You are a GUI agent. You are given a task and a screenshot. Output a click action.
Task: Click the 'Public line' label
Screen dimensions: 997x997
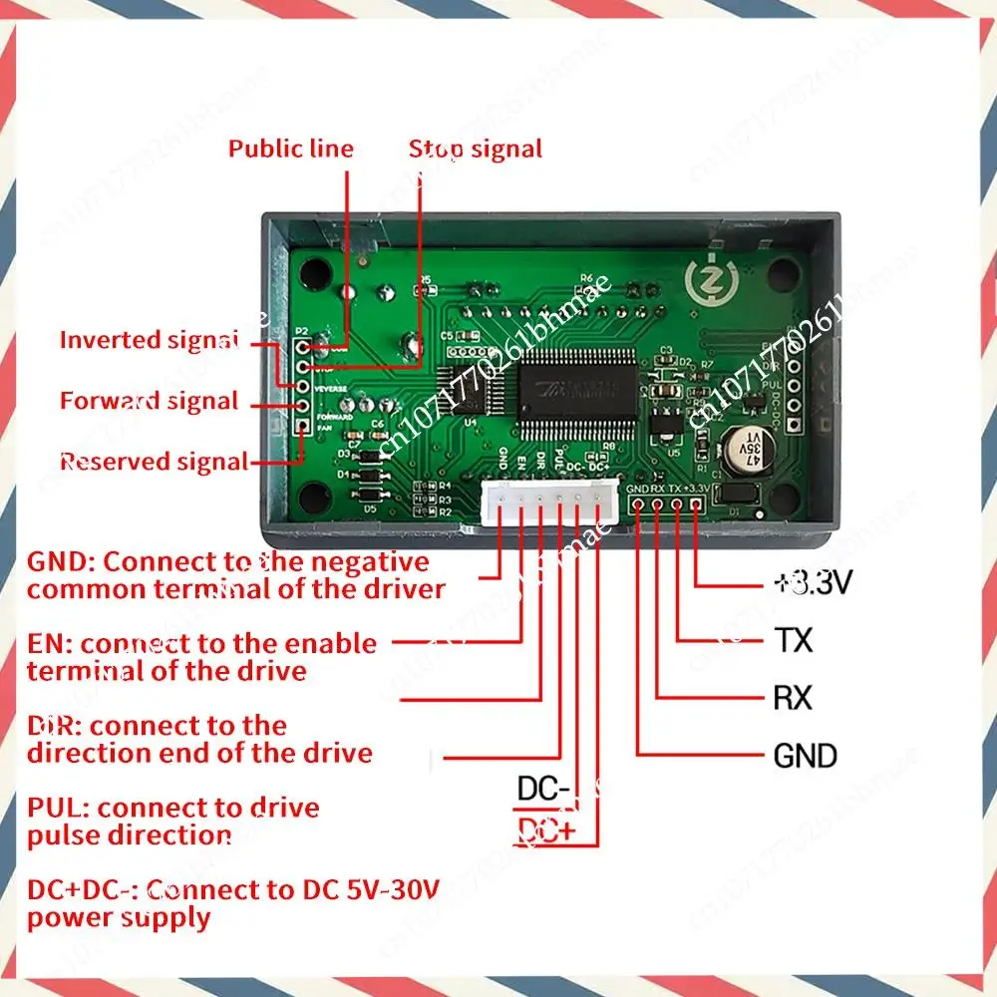[x=290, y=150]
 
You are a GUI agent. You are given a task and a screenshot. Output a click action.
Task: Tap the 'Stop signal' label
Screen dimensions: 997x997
[x=476, y=150]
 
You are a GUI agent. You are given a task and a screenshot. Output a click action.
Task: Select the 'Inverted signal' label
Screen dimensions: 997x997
[x=150, y=340]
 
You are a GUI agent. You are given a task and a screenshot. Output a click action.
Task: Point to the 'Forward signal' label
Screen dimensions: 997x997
[x=149, y=402]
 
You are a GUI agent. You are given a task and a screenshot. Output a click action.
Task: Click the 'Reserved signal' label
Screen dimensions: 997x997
[x=154, y=462]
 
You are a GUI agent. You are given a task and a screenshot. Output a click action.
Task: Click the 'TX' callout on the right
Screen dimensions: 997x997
[x=793, y=640]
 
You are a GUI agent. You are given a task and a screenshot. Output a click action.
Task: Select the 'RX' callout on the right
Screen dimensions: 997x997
[x=793, y=698]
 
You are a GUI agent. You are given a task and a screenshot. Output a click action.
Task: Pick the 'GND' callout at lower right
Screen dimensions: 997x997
[x=806, y=756]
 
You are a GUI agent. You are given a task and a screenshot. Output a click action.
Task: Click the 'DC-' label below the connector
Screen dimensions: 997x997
[x=543, y=790]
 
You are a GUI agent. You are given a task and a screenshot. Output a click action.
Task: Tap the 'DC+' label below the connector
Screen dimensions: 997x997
[x=543, y=831]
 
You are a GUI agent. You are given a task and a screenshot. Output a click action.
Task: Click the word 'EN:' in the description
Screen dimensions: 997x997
[x=51, y=644]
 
